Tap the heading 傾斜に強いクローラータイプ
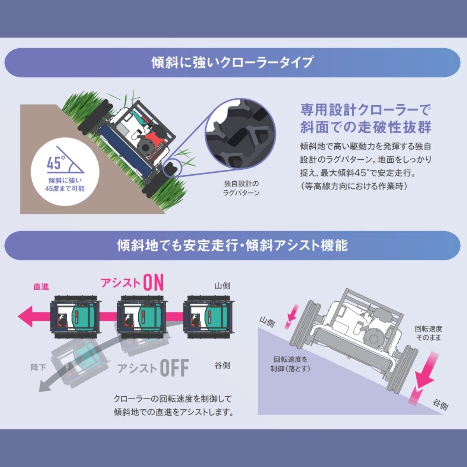click(232, 63)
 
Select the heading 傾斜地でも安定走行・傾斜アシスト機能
click(232, 246)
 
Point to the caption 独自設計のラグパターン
click(241, 188)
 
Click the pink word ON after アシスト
click(153, 283)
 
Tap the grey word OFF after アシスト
click(174, 367)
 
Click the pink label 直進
click(41, 286)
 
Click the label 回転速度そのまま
click(429, 333)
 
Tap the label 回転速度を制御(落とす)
click(290, 364)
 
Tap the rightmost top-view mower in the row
click(209, 316)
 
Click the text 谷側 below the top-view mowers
click(222, 365)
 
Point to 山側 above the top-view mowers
click(222, 286)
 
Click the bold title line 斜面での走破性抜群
click(365, 127)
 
